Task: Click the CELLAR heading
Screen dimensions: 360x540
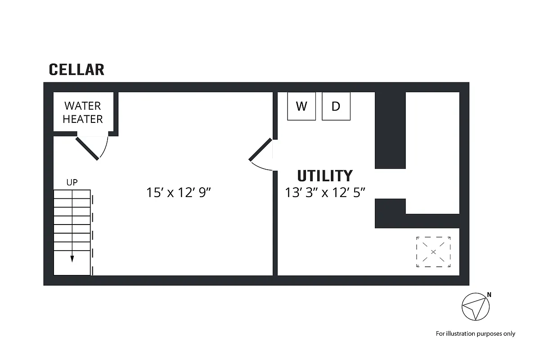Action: pos(76,70)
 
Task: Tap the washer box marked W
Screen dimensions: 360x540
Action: pos(301,106)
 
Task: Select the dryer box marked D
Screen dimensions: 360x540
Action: pos(336,106)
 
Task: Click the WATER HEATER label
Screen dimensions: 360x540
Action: pos(82,112)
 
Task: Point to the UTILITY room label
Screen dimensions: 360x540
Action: pos(325,176)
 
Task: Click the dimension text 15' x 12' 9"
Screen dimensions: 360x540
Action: pos(179,193)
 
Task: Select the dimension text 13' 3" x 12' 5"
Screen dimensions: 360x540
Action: pos(325,193)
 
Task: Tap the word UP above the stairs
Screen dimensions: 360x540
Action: pos(72,183)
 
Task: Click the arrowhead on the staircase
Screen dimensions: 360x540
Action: pos(72,258)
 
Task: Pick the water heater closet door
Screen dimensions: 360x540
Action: pos(87,148)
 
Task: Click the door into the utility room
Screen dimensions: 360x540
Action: pos(261,149)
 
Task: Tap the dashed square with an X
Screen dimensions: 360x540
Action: pos(433,252)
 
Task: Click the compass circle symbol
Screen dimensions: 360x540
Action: pos(475,308)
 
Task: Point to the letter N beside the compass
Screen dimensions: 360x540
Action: pos(489,296)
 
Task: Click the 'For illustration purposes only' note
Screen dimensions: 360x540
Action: pos(475,333)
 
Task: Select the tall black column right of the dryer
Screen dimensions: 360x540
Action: pos(390,130)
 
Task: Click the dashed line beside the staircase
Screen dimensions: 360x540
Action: pos(92,234)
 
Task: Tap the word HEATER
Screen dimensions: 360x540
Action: pos(82,119)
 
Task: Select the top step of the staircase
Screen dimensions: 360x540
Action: pos(72,194)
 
